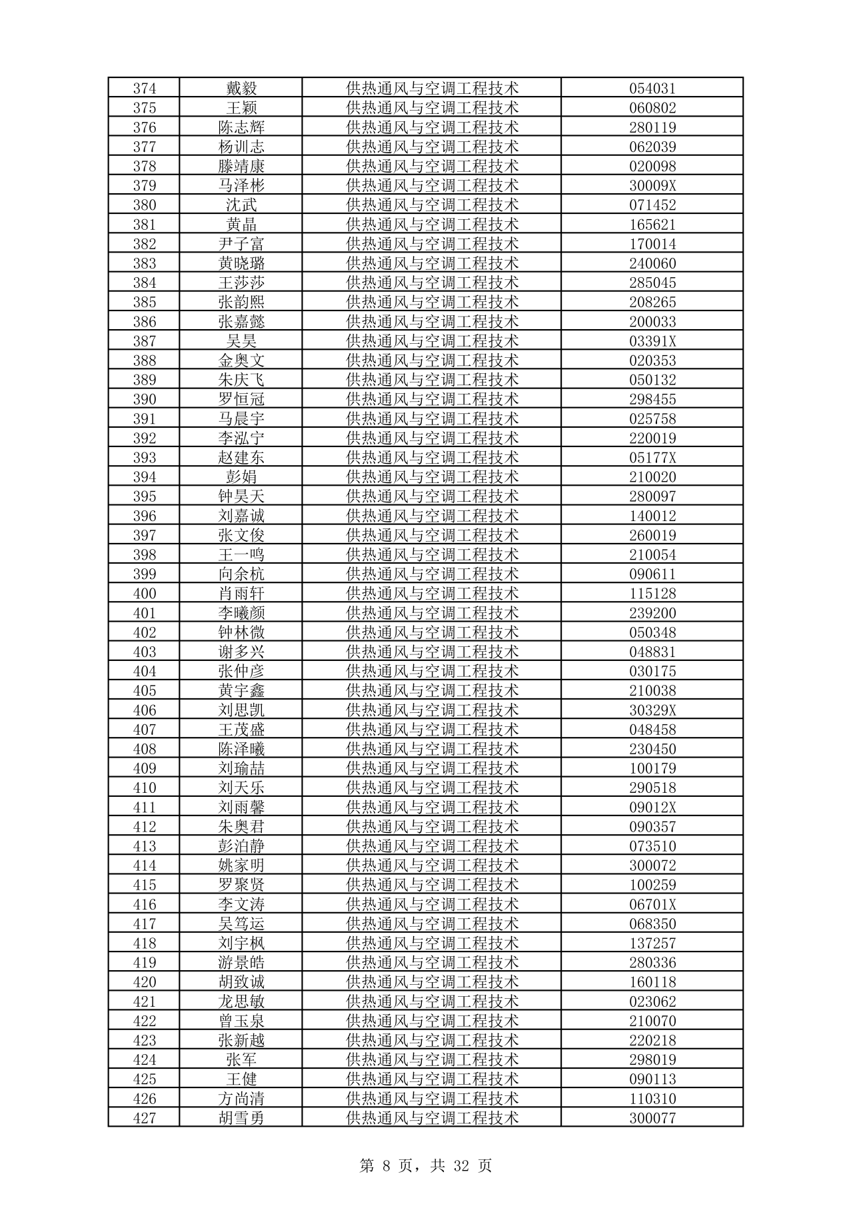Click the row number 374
tap(145, 89)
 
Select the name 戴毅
tap(241, 89)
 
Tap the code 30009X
tap(652, 186)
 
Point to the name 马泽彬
tap(241, 186)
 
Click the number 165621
tap(652, 225)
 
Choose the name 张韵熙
tap(241, 302)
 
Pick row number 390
tap(145, 399)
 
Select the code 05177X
tap(652, 458)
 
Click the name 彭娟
tap(241, 477)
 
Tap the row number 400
tap(145, 594)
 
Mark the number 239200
tap(652, 613)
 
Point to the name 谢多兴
tap(241, 652)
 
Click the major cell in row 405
tap(432, 690)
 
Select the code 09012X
tap(652, 807)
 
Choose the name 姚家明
tap(241, 866)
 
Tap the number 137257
tap(652, 943)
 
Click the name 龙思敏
tap(241, 1001)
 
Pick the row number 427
tap(145, 1118)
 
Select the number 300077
tap(652, 1118)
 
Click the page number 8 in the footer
tap(386, 1166)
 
